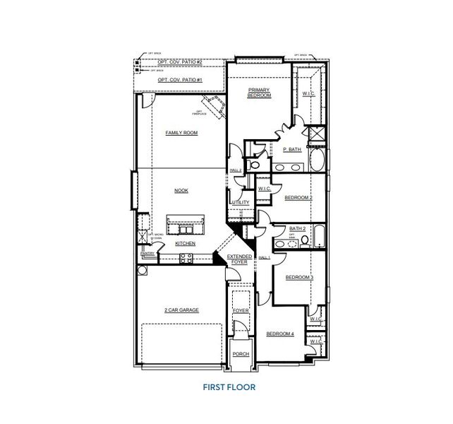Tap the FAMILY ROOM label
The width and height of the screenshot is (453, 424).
[x=181, y=133]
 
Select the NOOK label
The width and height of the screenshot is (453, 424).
[x=181, y=190]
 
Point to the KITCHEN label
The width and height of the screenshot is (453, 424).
[x=185, y=244]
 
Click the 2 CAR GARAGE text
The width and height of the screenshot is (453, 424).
[x=181, y=310]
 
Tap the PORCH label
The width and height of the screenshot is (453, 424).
[x=241, y=353]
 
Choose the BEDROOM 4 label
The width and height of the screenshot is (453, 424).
[x=280, y=334]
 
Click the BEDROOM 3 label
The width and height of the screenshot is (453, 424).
[x=299, y=278]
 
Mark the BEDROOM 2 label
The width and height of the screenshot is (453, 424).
[x=298, y=198]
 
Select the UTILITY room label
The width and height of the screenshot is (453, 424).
[x=240, y=202]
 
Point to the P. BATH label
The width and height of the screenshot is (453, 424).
[x=293, y=150]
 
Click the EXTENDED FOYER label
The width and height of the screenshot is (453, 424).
[x=240, y=259]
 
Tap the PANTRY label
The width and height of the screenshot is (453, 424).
[x=147, y=253]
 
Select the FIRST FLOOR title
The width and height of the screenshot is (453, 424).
[x=229, y=387]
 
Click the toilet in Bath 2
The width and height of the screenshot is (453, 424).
[x=304, y=241]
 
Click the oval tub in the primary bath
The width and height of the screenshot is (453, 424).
[x=318, y=158]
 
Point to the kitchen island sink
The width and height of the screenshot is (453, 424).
[x=186, y=230]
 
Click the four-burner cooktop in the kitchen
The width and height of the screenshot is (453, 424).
[x=187, y=259]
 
